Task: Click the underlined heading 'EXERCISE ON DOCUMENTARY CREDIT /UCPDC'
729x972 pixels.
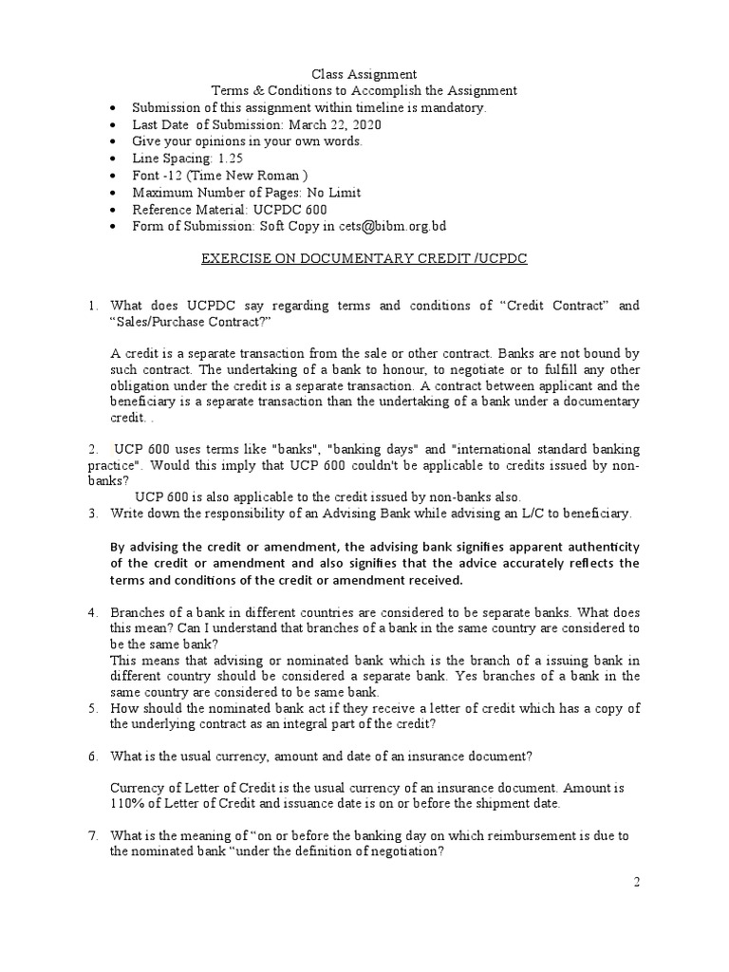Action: (364, 258)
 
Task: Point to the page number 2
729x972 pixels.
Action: (638, 882)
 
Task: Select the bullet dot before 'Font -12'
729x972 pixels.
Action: (114, 176)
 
